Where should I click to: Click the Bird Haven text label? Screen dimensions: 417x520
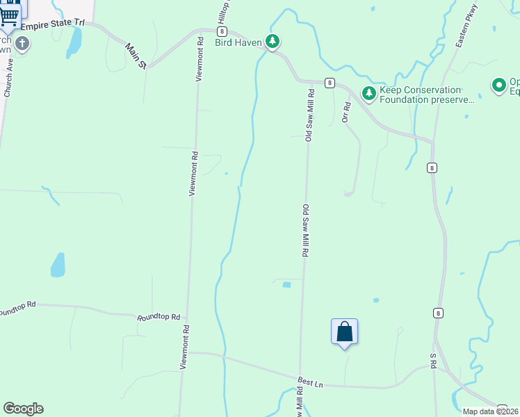click(238, 43)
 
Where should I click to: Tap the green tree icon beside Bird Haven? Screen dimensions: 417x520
click(274, 42)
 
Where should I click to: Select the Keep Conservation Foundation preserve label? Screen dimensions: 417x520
click(420, 95)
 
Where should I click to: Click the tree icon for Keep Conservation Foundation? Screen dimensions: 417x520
click(368, 92)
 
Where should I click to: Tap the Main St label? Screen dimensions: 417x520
click(136, 56)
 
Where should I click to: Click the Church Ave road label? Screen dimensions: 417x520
click(8, 76)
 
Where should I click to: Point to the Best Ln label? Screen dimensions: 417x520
click(311, 382)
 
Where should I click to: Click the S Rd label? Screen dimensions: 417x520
click(432, 361)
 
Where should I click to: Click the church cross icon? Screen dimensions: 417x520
click(22, 44)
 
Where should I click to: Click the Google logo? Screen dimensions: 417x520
click(23, 409)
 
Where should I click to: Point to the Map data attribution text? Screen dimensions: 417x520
click(490, 411)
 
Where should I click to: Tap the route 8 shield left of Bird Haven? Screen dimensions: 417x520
click(221, 31)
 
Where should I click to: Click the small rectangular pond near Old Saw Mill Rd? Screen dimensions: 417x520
click(286, 284)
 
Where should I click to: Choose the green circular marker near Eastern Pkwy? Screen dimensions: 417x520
click(498, 85)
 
